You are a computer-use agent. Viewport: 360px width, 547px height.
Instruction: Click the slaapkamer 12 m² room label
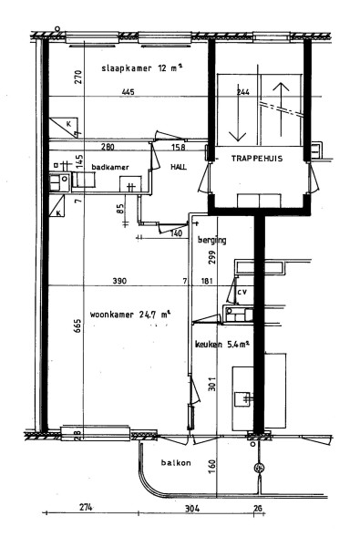[142, 67]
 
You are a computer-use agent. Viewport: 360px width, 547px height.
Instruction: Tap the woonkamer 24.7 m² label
[130, 315]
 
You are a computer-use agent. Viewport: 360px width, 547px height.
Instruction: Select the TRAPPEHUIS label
[257, 159]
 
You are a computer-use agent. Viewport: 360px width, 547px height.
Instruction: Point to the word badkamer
[110, 167]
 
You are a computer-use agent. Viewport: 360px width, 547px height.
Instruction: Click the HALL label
[179, 167]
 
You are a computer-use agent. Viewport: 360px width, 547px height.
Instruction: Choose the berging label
[212, 240]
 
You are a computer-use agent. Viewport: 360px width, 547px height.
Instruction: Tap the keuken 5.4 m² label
[221, 345]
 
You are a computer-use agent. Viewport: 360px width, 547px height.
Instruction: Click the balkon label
[176, 463]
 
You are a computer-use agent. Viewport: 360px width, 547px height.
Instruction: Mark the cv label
[242, 292]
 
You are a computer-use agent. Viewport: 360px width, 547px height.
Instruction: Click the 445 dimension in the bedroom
[128, 92]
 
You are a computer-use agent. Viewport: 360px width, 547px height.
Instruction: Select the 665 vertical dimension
[77, 325]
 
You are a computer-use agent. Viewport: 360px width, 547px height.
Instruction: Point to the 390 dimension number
[119, 281]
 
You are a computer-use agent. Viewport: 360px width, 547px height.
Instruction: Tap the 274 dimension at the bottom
[86, 507]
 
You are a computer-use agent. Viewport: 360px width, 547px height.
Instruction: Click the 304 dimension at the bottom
[192, 509]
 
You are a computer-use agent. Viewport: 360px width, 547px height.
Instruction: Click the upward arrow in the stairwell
[281, 109]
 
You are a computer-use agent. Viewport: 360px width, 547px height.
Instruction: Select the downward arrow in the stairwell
[238, 112]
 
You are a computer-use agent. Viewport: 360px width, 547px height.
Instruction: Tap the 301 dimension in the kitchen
[212, 384]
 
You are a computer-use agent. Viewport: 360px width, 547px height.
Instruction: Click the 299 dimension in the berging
[213, 257]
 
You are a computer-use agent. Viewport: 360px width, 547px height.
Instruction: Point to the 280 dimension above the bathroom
[108, 147]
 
